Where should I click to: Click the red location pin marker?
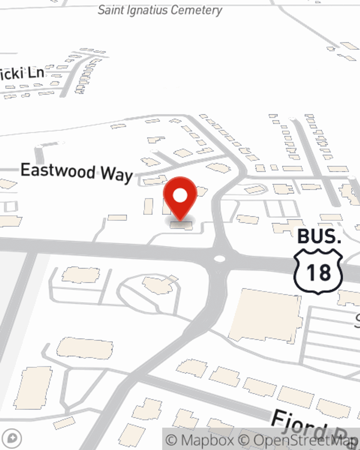click(180, 198)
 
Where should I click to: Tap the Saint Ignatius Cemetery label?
click(160, 10)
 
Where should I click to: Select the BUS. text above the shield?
click(319, 237)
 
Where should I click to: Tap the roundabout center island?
click(219, 258)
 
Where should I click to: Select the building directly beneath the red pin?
click(181, 225)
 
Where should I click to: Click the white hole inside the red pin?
click(180, 196)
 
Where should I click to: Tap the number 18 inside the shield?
click(318, 273)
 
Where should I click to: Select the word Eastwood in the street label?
click(58, 170)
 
